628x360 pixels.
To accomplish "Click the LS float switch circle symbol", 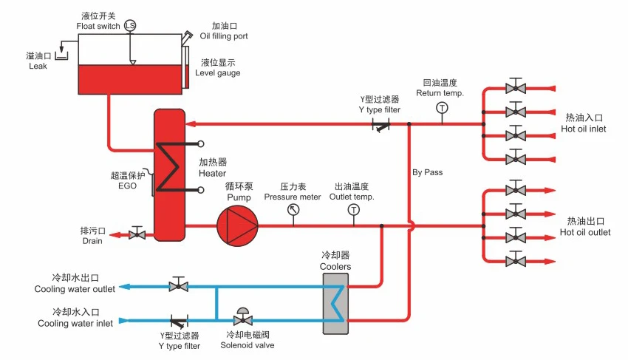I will (130, 26).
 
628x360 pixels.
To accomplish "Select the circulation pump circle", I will (237, 225).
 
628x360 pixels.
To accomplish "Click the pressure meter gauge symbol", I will (293, 210).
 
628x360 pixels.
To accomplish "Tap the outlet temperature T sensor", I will (353, 210).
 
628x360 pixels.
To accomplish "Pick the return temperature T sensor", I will (442, 108).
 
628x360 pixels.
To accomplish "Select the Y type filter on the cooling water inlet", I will (178, 321).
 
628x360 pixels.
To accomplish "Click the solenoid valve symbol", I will (241, 318).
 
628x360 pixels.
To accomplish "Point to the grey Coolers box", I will (335, 303).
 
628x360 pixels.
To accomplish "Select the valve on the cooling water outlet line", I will (177, 285).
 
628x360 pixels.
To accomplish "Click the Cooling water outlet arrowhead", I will (124, 286).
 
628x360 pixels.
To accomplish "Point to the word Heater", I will (212, 173).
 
